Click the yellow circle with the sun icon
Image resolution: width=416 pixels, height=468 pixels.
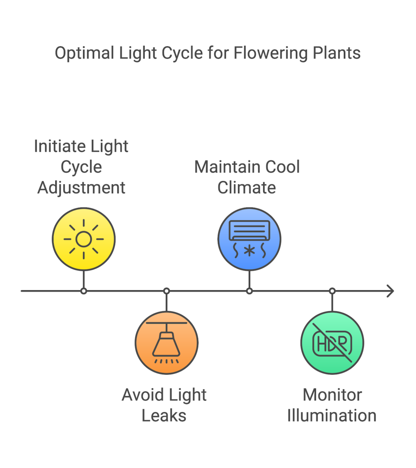point(84,239)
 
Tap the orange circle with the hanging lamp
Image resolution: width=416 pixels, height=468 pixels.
point(166,342)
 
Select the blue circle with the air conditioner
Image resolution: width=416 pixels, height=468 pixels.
point(249,239)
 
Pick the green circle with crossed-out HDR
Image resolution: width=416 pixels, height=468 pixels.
point(332,342)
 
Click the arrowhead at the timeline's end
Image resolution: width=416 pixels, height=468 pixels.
point(390,291)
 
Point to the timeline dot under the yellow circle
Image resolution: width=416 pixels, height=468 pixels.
point(84,291)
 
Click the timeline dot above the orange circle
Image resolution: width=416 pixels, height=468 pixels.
point(167,291)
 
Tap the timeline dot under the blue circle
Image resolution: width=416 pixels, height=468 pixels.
point(249,291)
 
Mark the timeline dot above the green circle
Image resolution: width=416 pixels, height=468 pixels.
point(332,291)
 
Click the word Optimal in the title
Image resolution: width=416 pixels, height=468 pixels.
point(84,53)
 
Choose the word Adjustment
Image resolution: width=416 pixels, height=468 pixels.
point(81,188)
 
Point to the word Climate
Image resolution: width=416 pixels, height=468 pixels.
point(247,188)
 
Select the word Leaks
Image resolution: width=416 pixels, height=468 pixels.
point(164,415)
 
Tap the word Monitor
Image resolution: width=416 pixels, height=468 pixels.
point(332,395)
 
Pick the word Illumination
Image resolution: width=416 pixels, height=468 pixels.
point(332,415)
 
